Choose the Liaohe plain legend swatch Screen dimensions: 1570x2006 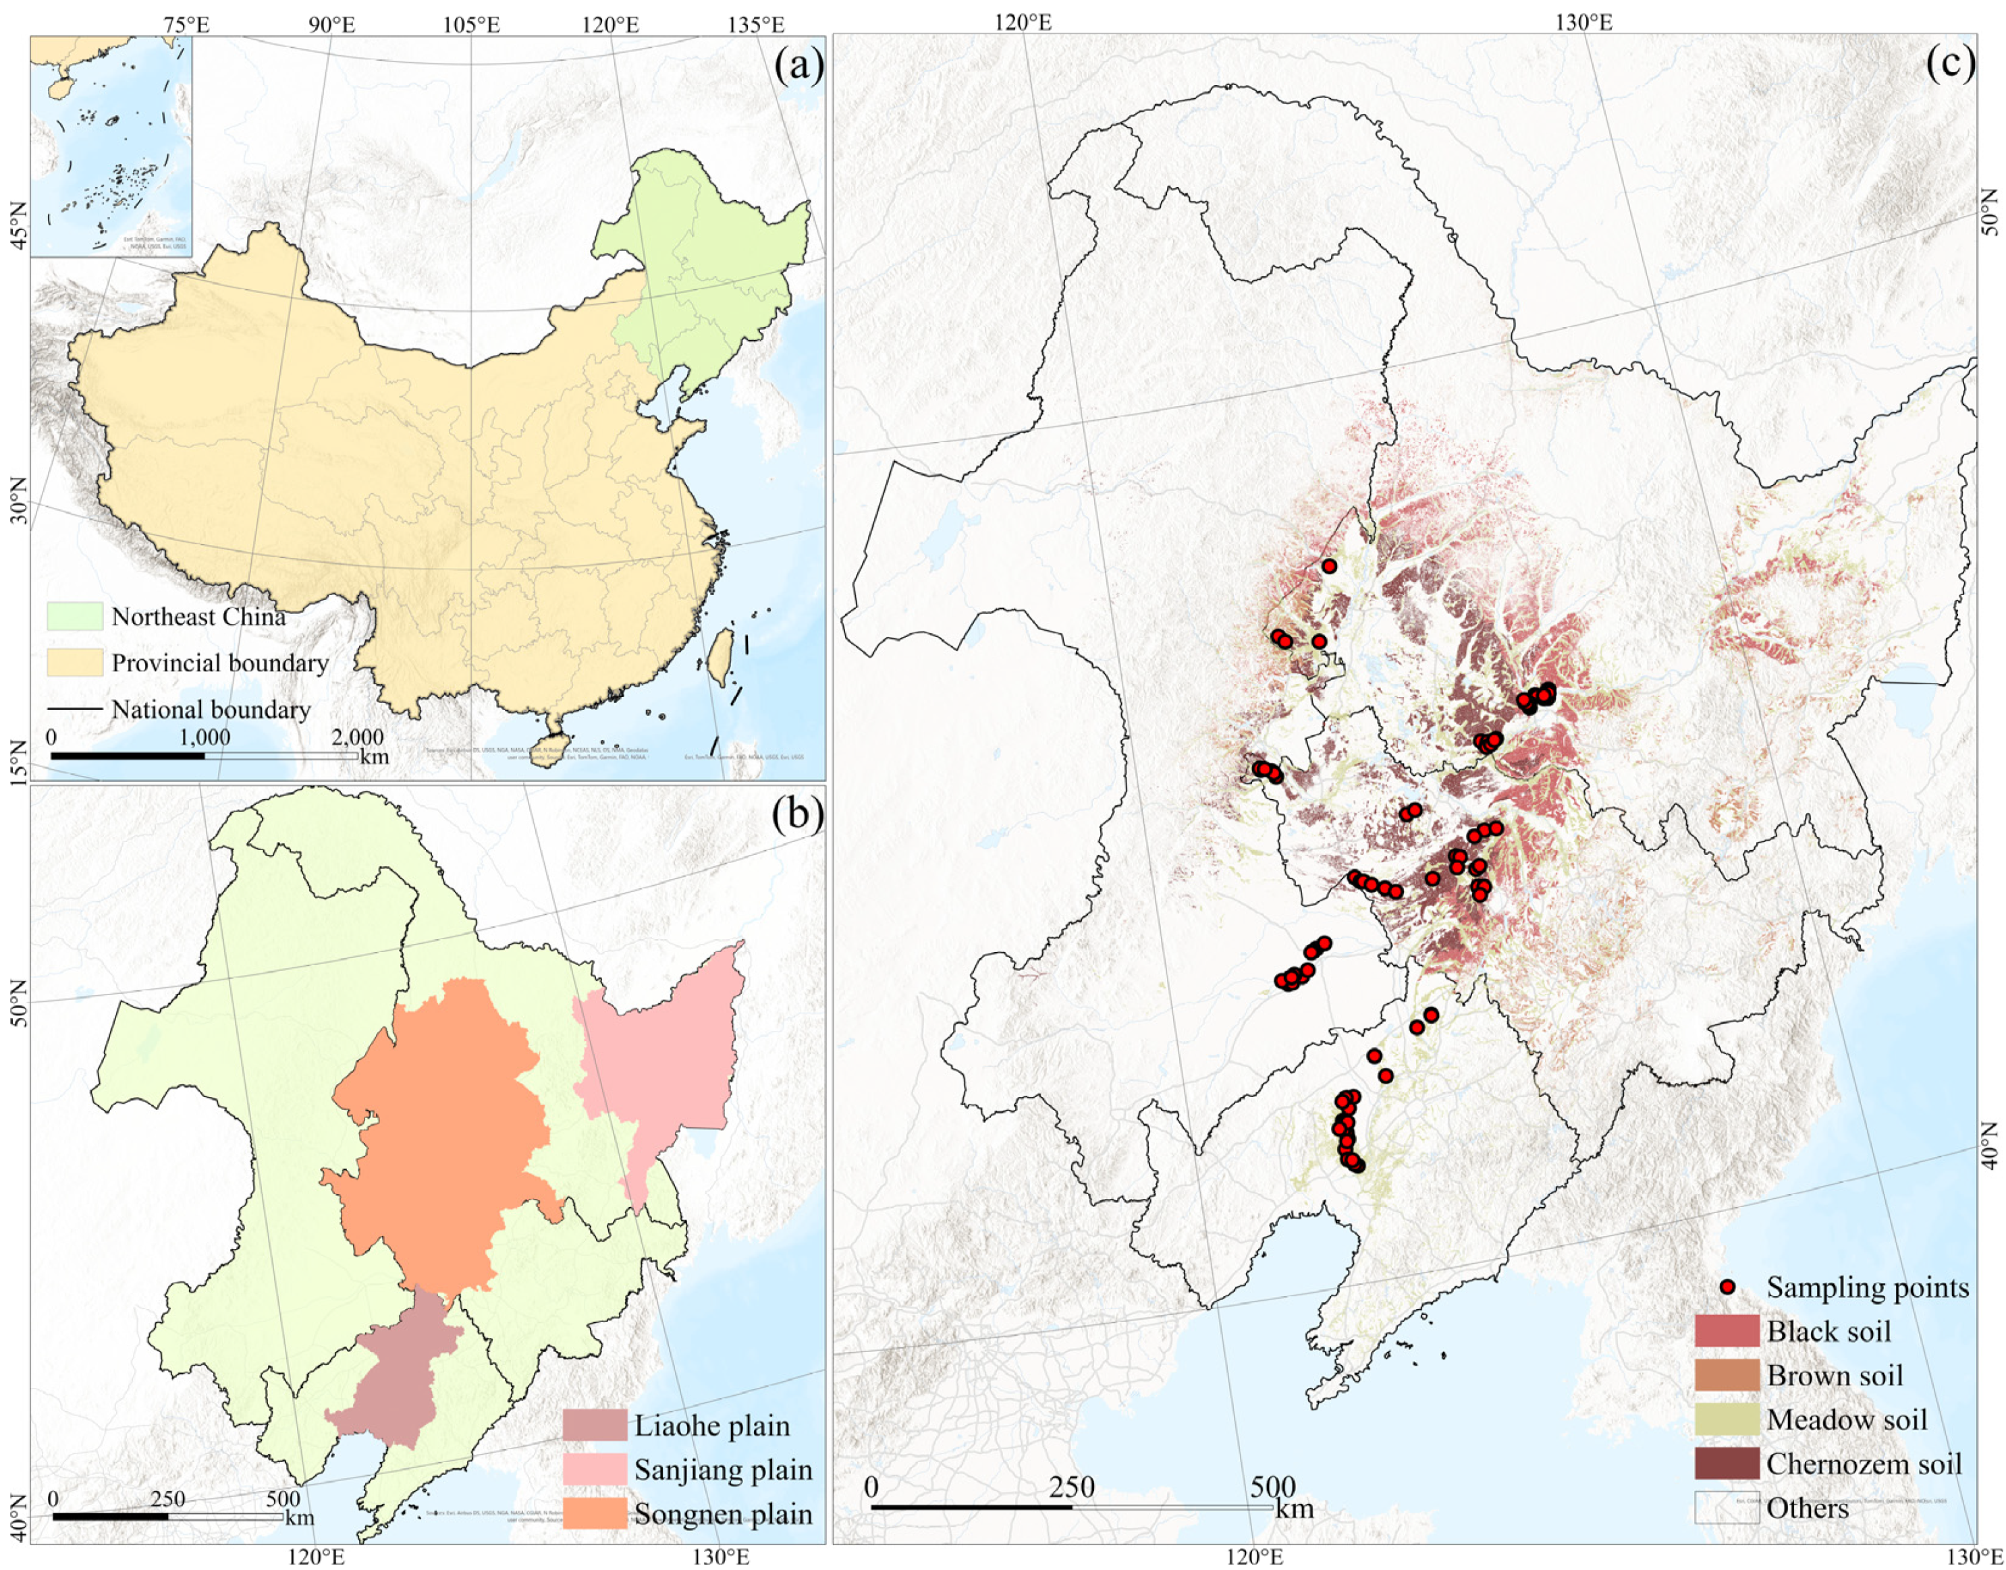pyautogui.click(x=595, y=1426)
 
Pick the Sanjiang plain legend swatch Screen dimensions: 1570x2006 pyautogui.click(x=595, y=1469)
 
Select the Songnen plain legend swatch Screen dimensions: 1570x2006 pyautogui.click(x=595, y=1514)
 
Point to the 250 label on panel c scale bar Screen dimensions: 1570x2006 pyautogui.click(x=1072, y=1486)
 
